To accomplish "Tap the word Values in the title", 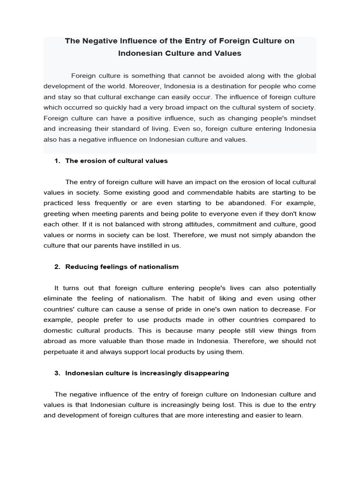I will pos(228,53).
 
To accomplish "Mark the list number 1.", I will pos(57,161).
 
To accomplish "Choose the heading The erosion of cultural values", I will pos(116,161).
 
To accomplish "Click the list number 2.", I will pos(57,267).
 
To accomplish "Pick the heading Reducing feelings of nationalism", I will pos(122,267).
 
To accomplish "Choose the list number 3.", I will pos(57,373).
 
